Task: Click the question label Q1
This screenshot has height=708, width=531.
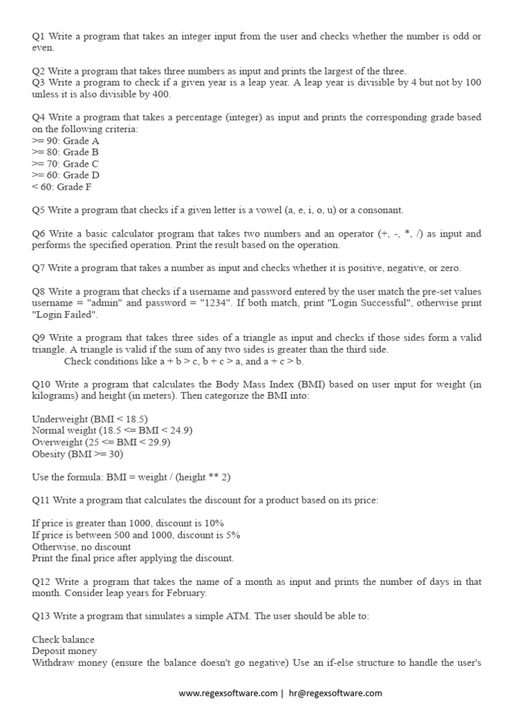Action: pyautogui.click(x=39, y=37)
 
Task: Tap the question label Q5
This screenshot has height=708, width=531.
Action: pyautogui.click(x=39, y=210)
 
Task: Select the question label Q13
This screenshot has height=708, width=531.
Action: pyautogui.click(x=41, y=616)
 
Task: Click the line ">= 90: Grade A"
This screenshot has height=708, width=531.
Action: pyautogui.click(x=66, y=141)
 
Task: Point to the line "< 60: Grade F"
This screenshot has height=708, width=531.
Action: pyautogui.click(x=62, y=187)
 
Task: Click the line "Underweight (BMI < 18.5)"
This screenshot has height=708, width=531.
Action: pyautogui.click(x=90, y=419)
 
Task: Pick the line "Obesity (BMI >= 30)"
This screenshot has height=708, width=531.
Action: pyautogui.click(x=77, y=454)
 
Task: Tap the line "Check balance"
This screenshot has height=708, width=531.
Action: pyautogui.click(x=63, y=640)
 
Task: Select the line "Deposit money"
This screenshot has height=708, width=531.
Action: pyautogui.click(x=64, y=651)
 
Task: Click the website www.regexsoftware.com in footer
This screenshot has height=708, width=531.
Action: pyautogui.click(x=228, y=693)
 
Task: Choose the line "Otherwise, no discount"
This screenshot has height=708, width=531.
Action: pyautogui.click(x=82, y=546)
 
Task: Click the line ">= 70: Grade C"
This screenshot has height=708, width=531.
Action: pyautogui.click(x=66, y=164)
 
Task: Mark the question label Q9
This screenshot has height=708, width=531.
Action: pyautogui.click(x=39, y=337)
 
